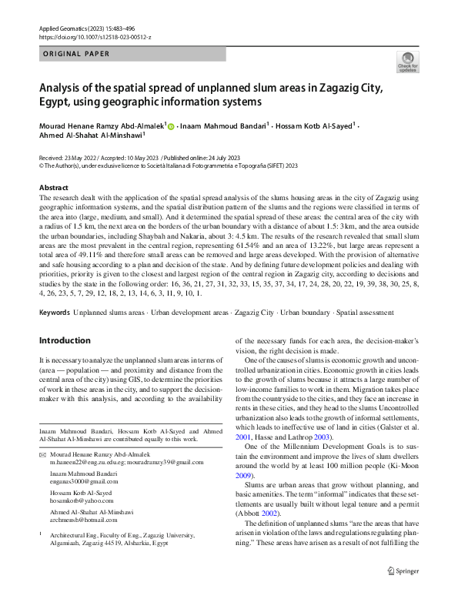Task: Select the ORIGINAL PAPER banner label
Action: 76,54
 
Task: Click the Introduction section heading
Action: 65,340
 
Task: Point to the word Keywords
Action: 55,313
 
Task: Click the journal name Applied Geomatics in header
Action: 66,28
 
